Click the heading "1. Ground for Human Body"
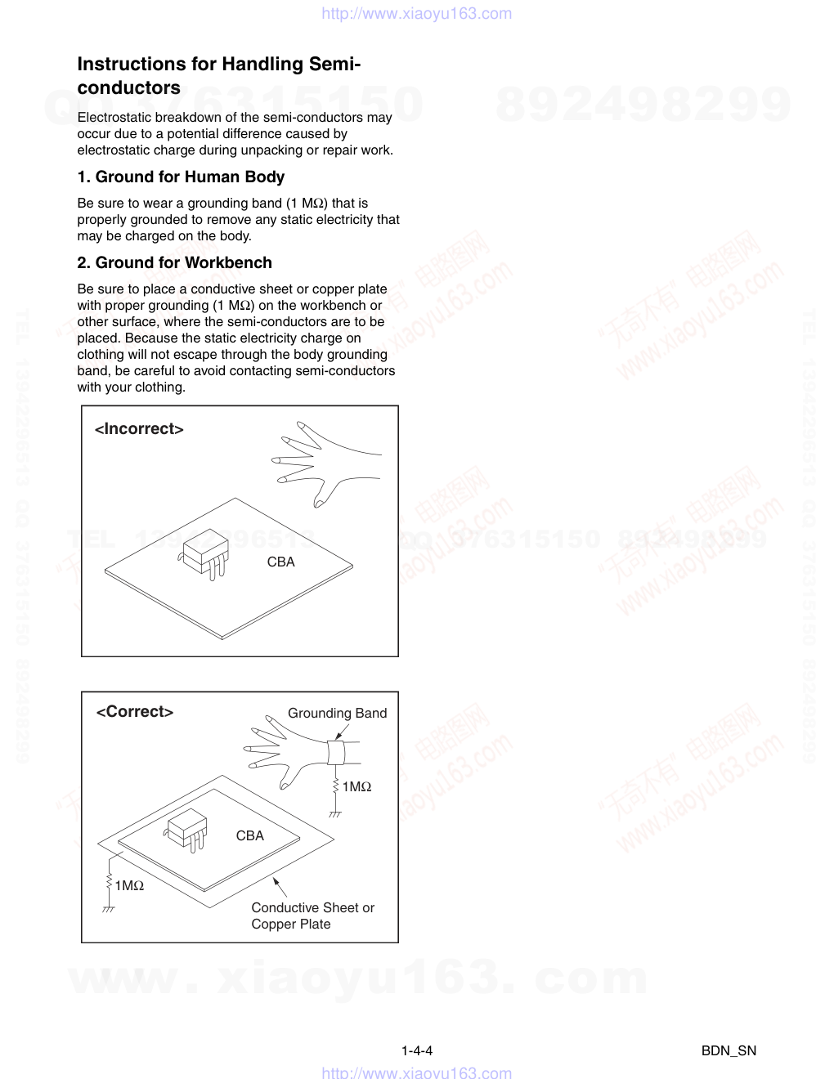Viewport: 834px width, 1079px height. point(181,177)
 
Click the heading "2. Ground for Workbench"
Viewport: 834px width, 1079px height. point(174,262)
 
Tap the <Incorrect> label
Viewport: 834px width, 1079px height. point(139,429)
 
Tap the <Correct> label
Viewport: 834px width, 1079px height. point(135,712)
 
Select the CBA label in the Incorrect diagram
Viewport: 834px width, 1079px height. point(280,562)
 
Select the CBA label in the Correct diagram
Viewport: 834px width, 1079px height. point(249,835)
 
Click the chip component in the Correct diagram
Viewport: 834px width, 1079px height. point(187,828)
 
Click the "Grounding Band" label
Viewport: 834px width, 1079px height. point(337,713)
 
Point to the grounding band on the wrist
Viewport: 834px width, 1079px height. point(336,752)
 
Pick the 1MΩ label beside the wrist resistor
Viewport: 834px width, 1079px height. point(356,786)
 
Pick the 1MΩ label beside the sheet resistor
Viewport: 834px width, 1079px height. point(129,885)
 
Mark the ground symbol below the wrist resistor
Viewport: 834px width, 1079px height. point(334,814)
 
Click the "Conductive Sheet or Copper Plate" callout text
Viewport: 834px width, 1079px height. point(312,916)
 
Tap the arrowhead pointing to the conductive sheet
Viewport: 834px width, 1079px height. point(276,881)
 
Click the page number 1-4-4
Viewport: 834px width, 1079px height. point(417,1050)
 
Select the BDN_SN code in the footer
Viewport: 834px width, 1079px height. point(729,1050)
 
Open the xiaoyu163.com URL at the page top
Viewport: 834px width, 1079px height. point(417,13)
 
